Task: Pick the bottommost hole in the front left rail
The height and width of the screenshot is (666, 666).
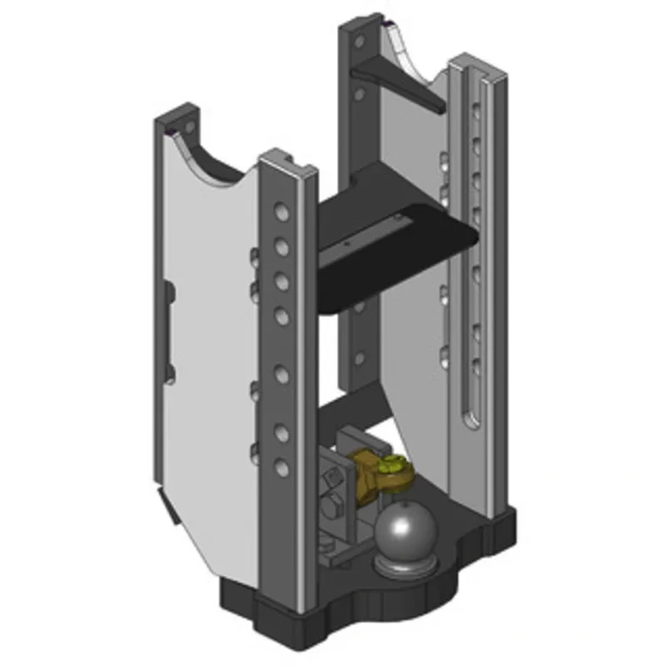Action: (x=282, y=468)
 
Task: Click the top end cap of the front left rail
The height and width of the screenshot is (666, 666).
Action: (x=286, y=163)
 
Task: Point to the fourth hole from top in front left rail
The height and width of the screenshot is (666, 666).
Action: (x=282, y=315)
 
